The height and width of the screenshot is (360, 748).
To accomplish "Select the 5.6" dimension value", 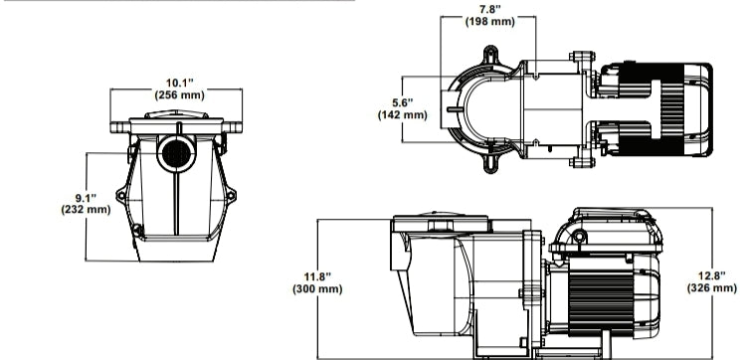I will tap(402, 101).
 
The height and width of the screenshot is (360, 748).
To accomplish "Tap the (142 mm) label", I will tap(402, 114).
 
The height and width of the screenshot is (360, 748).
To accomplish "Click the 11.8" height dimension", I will tap(317, 275).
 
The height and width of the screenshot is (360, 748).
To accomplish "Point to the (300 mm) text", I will tap(317, 288).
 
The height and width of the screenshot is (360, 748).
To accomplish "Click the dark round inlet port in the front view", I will tap(176, 155).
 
